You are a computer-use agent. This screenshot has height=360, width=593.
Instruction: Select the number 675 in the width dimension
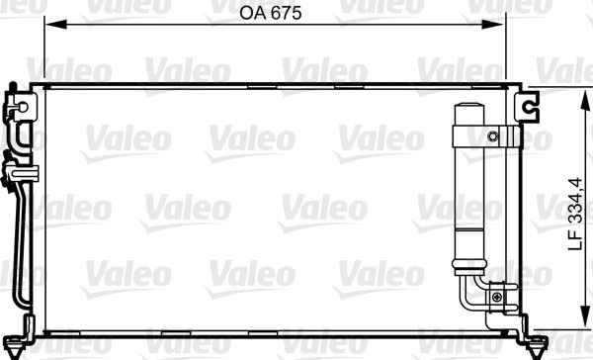pyautogui.click(x=286, y=15)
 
